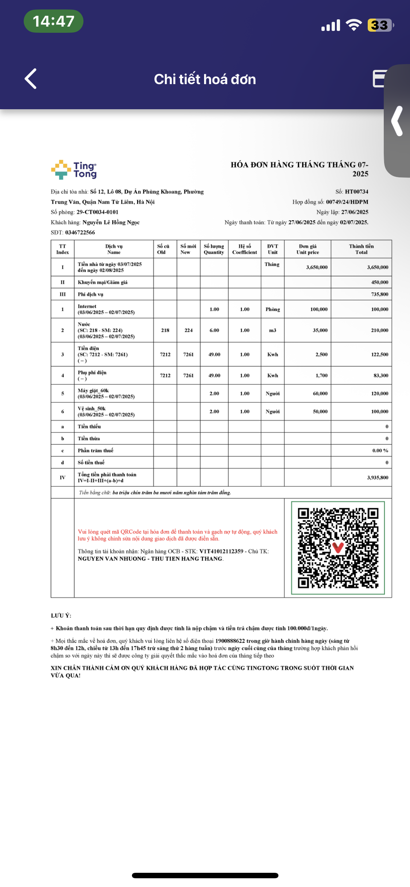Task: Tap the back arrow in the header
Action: (x=31, y=79)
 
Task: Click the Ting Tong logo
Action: (x=74, y=170)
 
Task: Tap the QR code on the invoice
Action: (x=338, y=548)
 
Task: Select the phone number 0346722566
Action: (x=80, y=232)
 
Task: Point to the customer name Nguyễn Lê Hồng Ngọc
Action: (x=111, y=222)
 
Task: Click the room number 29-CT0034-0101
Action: (x=97, y=212)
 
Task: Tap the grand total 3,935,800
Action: (x=377, y=477)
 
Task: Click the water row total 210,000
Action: (x=379, y=330)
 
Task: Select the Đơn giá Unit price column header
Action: (x=308, y=249)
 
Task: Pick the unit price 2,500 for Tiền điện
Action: (x=321, y=354)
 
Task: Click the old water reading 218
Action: (x=165, y=330)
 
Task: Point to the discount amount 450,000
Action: (x=379, y=282)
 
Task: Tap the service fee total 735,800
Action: (x=379, y=294)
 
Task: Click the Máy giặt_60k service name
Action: (x=93, y=390)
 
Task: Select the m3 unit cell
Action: (x=273, y=330)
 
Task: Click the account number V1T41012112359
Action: (x=221, y=551)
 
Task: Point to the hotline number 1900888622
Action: (x=230, y=641)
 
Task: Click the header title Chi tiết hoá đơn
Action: (x=205, y=79)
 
